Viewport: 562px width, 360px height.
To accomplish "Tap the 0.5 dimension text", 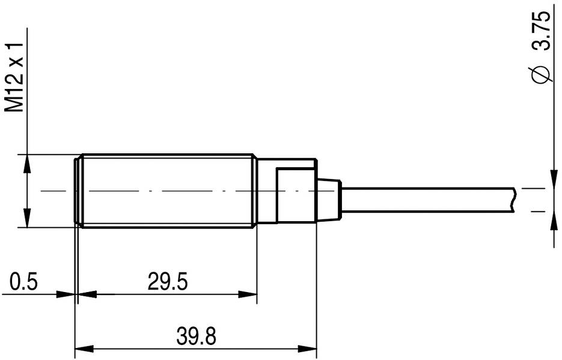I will point(25,281).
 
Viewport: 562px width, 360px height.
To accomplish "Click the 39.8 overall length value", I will point(196,335).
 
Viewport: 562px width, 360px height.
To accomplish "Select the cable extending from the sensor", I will point(427,199).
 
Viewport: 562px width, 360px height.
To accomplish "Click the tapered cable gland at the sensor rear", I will point(328,198).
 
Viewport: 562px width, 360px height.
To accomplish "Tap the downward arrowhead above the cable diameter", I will point(552,178).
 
